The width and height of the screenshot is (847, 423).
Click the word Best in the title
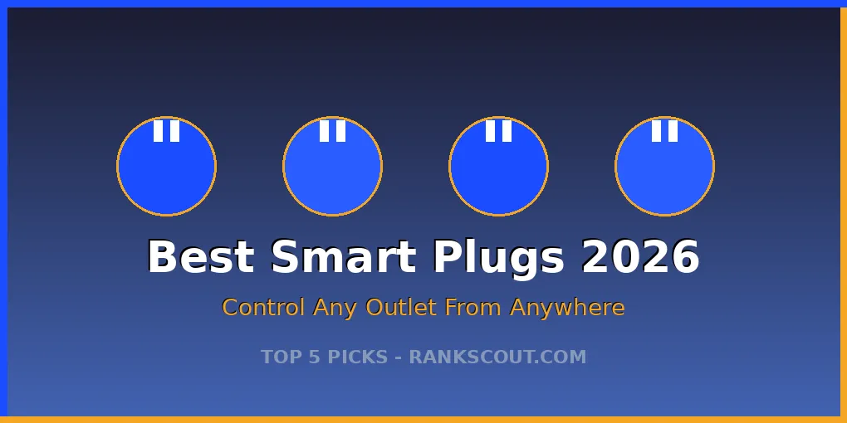click(200, 257)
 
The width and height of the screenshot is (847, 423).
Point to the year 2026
click(640, 257)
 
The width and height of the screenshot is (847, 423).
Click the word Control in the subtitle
click(264, 308)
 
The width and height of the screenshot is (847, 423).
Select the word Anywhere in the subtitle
click(567, 308)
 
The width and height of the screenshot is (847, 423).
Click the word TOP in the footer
click(279, 357)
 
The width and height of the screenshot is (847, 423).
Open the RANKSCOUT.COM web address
click(497, 357)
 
